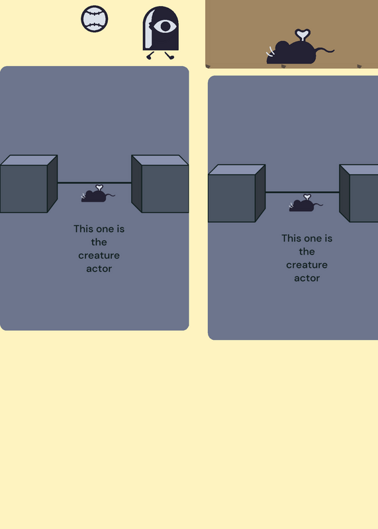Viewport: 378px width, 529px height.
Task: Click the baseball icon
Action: (x=95, y=19)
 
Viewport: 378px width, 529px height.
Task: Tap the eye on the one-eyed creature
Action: (x=165, y=26)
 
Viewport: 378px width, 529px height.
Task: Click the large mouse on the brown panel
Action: (x=300, y=47)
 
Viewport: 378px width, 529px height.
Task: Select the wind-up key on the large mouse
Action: (x=303, y=35)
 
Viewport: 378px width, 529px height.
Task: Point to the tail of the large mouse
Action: (x=325, y=50)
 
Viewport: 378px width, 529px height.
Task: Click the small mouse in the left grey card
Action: (x=98, y=194)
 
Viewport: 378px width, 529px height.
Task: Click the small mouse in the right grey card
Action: (x=306, y=203)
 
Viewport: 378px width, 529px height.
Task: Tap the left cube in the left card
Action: (x=28, y=184)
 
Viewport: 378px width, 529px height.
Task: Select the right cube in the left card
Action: (x=160, y=184)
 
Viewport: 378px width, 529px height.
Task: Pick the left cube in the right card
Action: (x=236, y=193)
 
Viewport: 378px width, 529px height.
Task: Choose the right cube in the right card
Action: (x=359, y=193)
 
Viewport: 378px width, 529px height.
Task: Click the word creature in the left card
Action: (x=99, y=255)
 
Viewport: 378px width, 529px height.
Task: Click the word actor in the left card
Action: (x=99, y=268)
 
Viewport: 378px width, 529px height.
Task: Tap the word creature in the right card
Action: (x=307, y=265)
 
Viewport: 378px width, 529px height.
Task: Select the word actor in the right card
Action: (x=307, y=278)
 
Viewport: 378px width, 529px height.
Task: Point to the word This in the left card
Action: (x=83, y=229)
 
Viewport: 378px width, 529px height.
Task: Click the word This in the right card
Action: (x=291, y=238)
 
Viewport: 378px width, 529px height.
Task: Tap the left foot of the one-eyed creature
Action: (x=150, y=56)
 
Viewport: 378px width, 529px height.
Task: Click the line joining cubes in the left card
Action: (x=94, y=183)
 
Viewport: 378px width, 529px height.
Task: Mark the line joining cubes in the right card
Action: (x=303, y=192)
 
